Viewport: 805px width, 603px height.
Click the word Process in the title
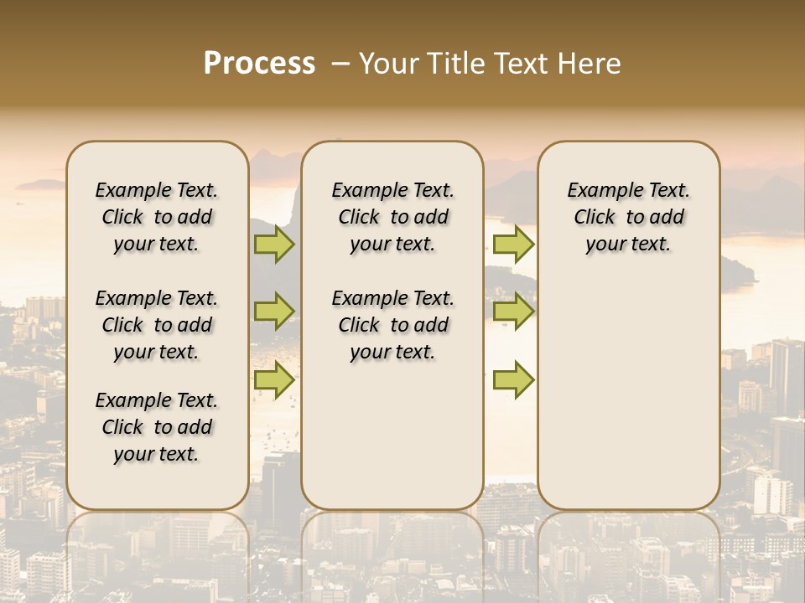[x=259, y=64]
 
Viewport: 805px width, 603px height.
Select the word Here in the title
[x=591, y=64]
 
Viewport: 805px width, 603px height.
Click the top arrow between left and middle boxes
[x=274, y=245]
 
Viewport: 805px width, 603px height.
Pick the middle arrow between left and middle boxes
[x=274, y=312]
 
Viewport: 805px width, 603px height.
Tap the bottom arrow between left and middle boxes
[x=274, y=379]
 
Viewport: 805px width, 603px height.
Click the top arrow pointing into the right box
[x=513, y=245]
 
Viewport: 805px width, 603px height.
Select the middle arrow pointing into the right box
[x=513, y=312]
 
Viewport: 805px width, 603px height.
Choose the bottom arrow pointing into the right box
[x=513, y=379]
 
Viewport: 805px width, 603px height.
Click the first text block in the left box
[x=157, y=217]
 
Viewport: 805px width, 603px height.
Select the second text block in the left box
[x=157, y=325]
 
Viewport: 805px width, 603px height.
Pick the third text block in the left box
[x=157, y=427]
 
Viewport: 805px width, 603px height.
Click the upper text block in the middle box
[x=392, y=217]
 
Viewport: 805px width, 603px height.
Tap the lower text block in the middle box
[x=392, y=325]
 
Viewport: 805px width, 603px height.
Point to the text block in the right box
[x=629, y=217]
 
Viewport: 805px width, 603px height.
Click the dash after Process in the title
[x=341, y=64]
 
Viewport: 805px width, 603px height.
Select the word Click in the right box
[x=595, y=218]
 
